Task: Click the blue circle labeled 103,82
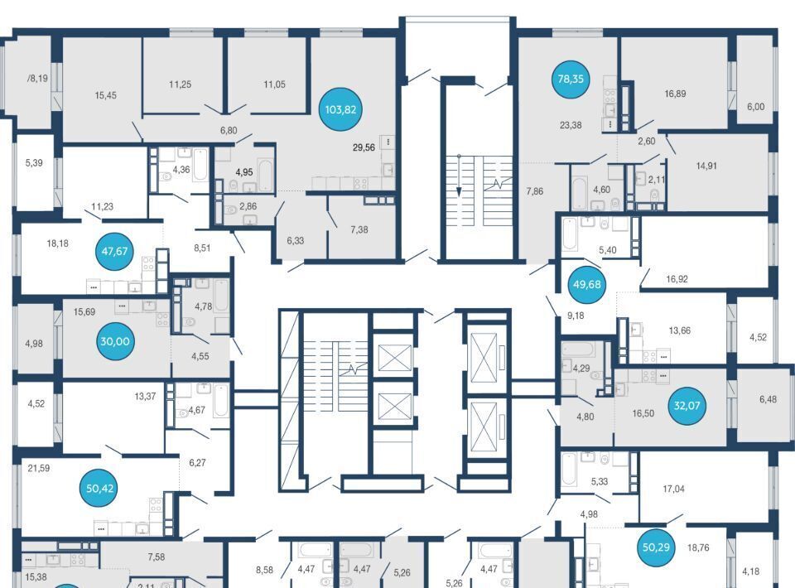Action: pos(340,109)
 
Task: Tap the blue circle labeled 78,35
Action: pos(571,79)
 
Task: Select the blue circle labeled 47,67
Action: pos(114,251)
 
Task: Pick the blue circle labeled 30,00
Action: pos(115,341)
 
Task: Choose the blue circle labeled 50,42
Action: pos(100,488)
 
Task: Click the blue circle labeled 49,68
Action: pos(586,284)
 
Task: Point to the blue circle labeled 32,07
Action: pos(687,406)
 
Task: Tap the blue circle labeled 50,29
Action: pos(656,547)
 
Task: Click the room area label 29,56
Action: pos(364,147)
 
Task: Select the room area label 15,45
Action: pos(105,95)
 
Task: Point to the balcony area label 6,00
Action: pos(755,107)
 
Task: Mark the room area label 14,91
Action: pos(706,166)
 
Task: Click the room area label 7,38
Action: pos(359,229)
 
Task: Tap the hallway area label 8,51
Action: pos(202,248)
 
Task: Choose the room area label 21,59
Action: pos(39,469)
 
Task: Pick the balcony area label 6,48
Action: pos(768,399)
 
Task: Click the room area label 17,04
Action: pos(673,489)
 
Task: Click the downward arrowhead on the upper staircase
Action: pos(459,192)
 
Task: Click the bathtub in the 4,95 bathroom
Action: pos(265,175)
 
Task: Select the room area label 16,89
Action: pos(676,94)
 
